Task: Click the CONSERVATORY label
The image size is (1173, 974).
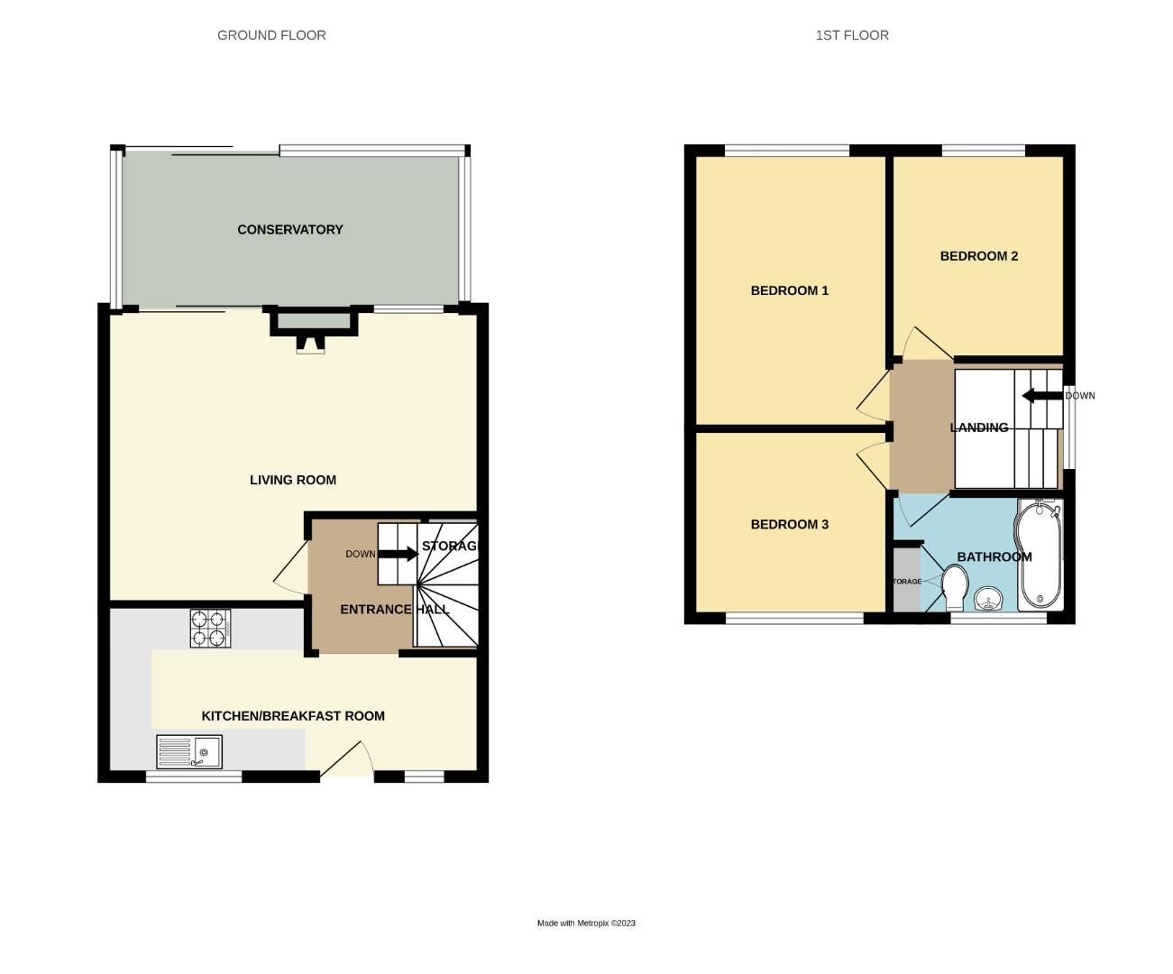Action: click(289, 230)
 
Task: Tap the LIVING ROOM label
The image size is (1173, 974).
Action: click(292, 480)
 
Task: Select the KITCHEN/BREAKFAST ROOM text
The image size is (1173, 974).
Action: click(292, 716)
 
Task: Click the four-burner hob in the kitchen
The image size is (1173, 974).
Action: click(211, 629)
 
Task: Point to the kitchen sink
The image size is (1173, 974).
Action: click(189, 751)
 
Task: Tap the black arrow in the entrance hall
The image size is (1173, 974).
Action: click(398, 554)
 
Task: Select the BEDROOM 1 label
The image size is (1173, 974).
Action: click(789, 290)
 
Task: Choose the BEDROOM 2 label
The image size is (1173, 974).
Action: click(978, 256)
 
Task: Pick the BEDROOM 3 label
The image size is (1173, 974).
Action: click(789, 524)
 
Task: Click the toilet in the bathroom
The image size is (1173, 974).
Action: click(954, 587)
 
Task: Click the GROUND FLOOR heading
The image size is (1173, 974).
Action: click(271, 35)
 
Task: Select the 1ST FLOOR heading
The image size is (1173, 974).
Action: click(851, 35)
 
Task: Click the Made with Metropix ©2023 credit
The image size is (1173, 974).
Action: click(586, 923)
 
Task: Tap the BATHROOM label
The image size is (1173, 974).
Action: click(994, 556)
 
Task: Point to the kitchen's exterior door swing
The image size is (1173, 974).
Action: click(349, 759)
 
